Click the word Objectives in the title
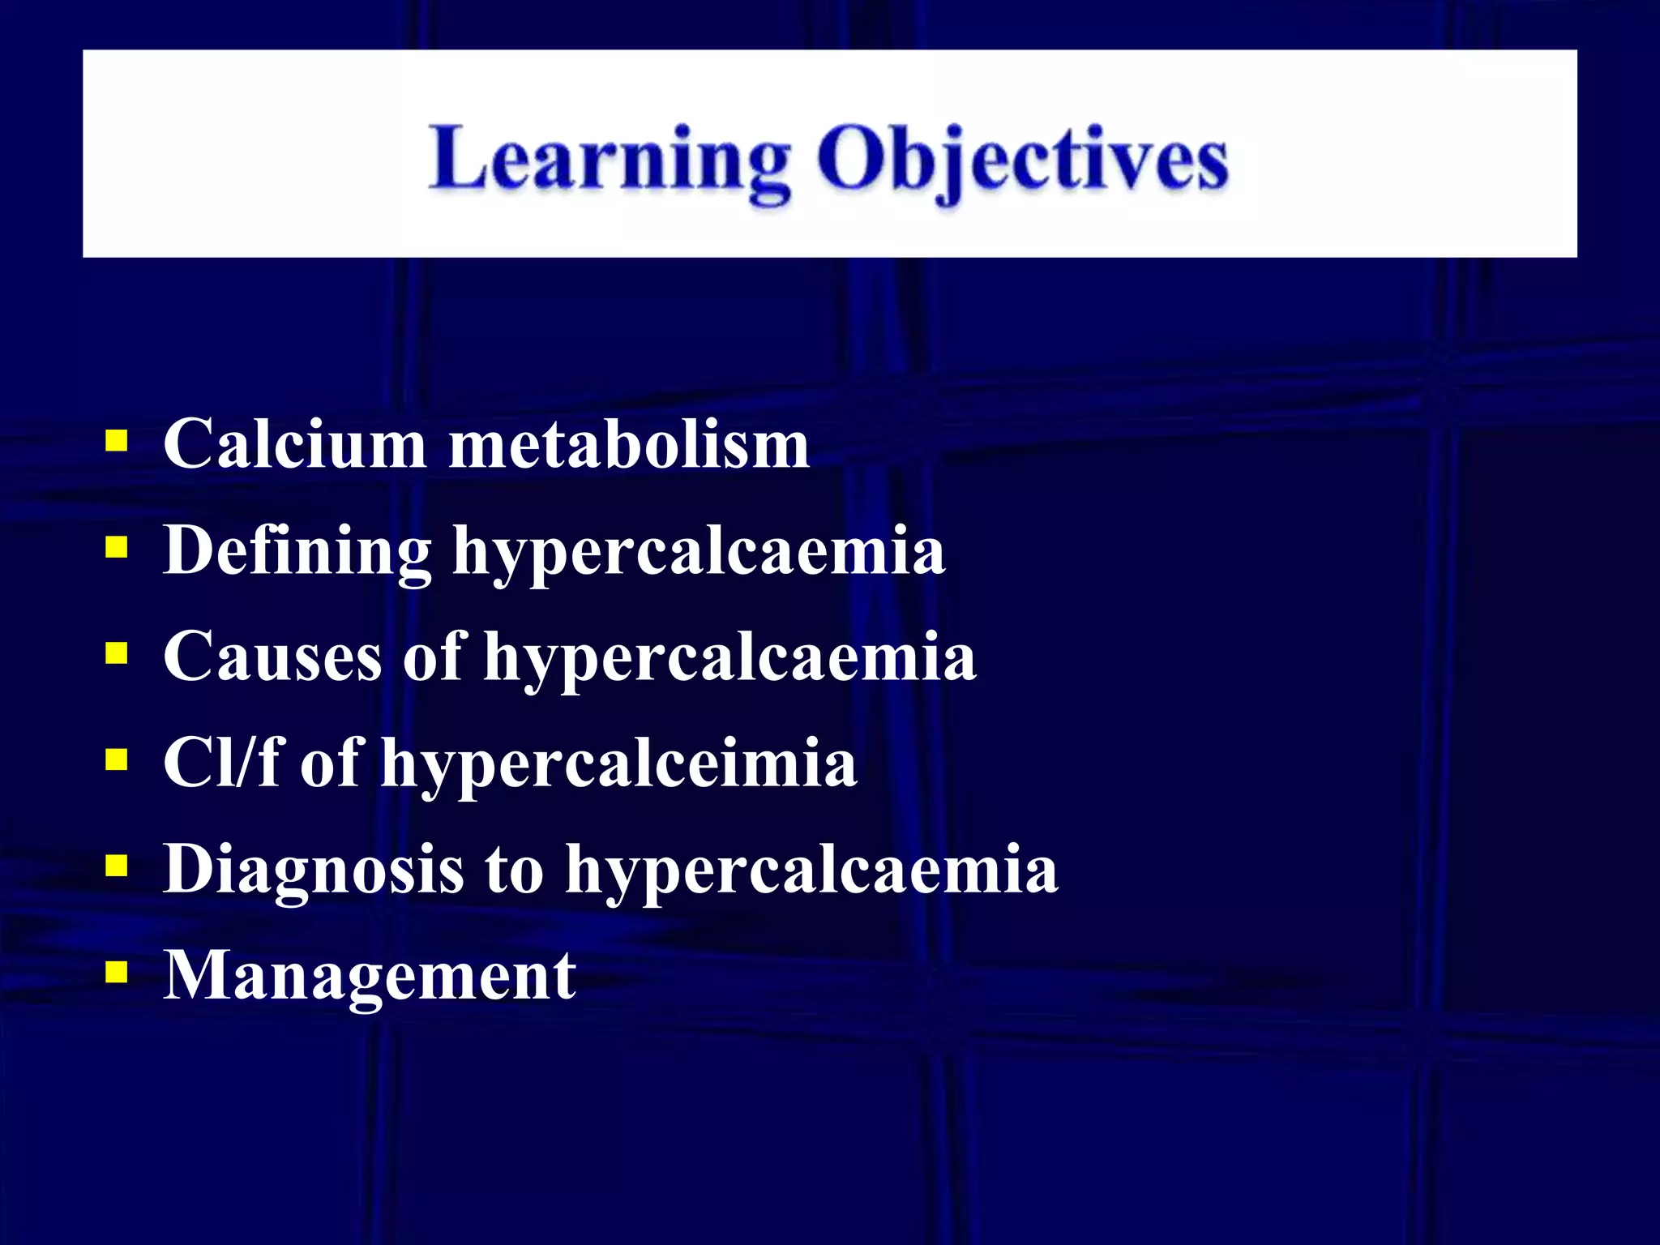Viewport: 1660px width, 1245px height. tap(1022, 160)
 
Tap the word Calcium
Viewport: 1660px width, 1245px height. tap(294, 444)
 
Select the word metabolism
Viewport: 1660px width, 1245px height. tap(629, 444)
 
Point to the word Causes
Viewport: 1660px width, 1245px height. tap(272, 657)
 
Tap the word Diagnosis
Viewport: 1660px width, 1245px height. tap(314, 869)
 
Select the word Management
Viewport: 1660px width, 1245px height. tap(370, 976)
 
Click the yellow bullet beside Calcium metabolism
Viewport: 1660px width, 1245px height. tap(117, 442)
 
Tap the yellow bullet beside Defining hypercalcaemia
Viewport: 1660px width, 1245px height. tap(117, 548)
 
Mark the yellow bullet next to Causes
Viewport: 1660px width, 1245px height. tap(117, 653)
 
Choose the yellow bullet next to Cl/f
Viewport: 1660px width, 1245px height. tap(117, 759)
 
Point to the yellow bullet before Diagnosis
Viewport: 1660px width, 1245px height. tap(117, 866)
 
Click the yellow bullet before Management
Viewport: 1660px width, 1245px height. tap(117, 971)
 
